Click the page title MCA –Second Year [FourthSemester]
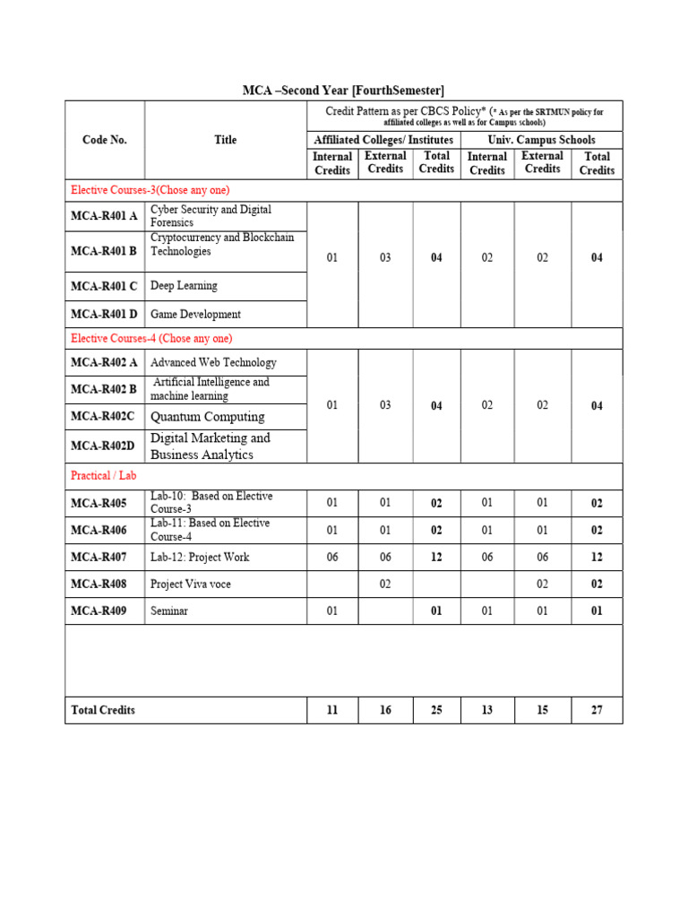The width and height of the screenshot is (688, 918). point(343,91)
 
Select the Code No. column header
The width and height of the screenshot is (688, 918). point(104,140)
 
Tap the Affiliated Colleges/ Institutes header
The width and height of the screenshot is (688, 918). point(383,140)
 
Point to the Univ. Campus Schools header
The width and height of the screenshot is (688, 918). point(541,140)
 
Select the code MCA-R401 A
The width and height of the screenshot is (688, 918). point(104,216)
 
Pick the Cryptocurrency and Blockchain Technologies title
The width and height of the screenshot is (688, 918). point(221,245)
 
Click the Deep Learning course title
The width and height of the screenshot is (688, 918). point(184,286)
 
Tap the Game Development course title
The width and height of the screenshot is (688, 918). point(195,315)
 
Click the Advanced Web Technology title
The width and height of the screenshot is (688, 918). point(213,363)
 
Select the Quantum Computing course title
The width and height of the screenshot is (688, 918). point(207,417)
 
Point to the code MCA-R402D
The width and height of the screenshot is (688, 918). point(103,446)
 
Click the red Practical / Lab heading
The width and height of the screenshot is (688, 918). point(103,475)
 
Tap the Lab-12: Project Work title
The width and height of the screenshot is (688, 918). point(200,558)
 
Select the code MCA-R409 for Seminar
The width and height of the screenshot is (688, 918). point(99,611)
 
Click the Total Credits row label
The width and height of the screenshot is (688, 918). point(103,710)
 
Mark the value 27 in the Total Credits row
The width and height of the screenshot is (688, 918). point(597,710)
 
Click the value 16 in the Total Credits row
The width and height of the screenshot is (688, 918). point(385,710)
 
